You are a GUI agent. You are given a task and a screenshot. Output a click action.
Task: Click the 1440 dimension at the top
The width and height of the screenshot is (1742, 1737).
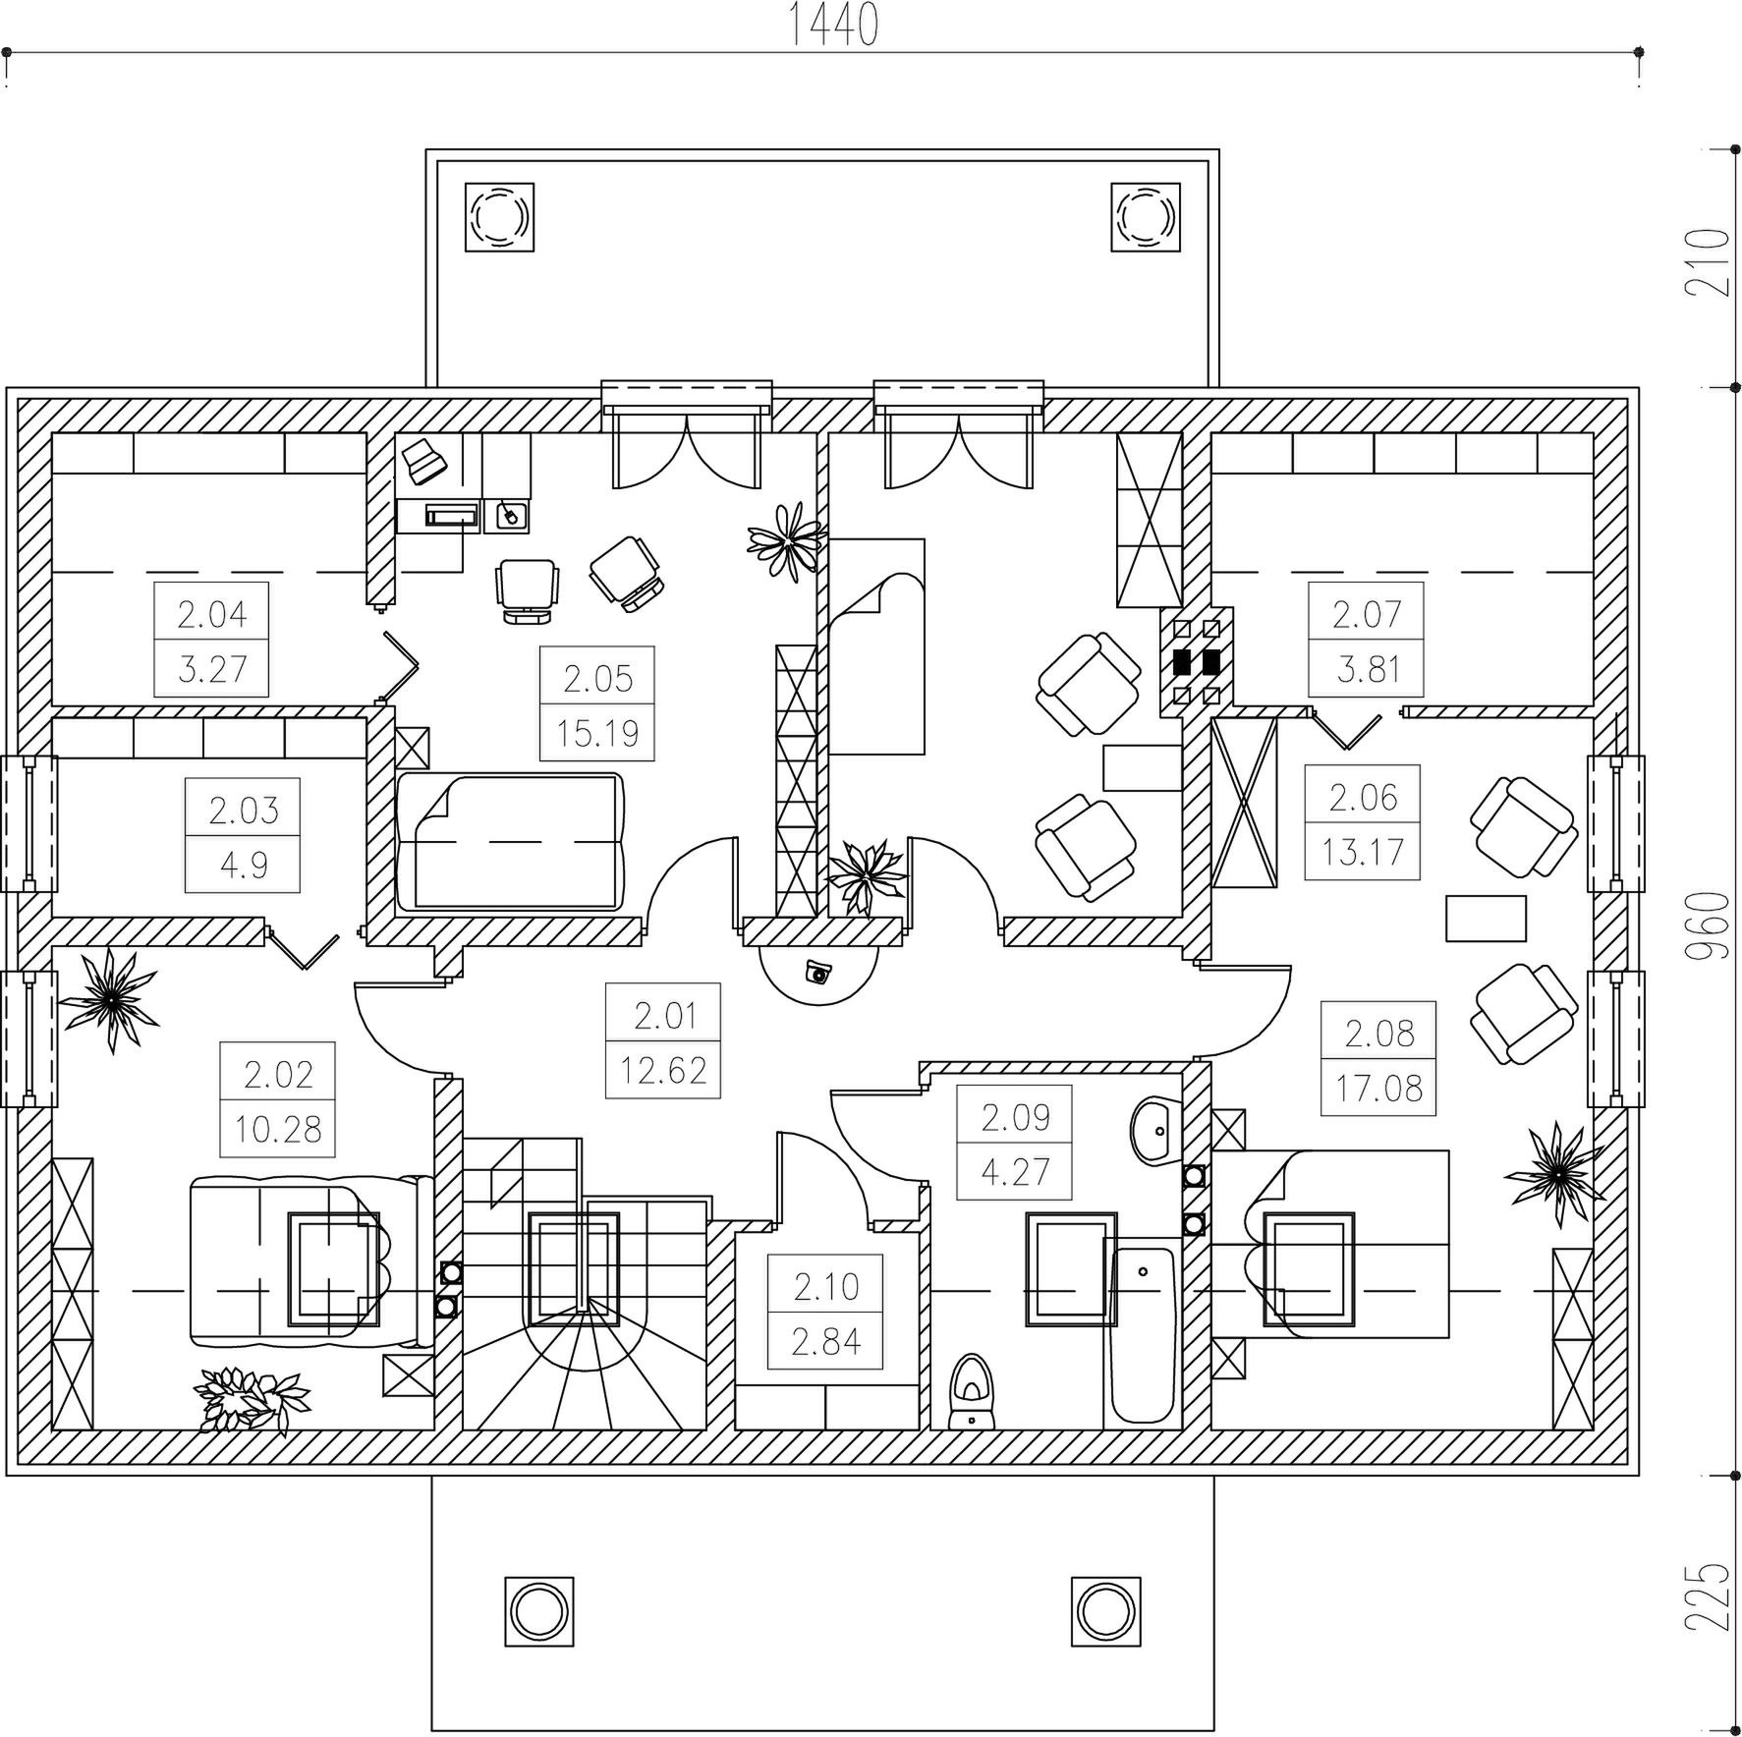click(833, 26)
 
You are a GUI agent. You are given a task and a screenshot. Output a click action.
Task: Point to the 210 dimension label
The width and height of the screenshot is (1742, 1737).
click(1708, 262)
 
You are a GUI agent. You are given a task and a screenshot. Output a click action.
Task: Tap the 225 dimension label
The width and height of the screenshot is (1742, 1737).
click(1708, 1597)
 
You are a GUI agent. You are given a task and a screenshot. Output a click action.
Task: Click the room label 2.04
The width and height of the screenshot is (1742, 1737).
click(211, 615)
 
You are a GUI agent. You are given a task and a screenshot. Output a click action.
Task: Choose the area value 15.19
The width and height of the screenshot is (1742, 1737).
click(597, 733)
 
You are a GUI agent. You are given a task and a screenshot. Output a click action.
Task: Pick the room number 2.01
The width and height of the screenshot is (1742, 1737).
click(664, 1015)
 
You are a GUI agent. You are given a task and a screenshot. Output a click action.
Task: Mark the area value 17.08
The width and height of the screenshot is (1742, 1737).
click(1378, 1089)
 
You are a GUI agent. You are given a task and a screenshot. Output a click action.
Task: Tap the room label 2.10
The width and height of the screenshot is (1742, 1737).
click(825, 1286)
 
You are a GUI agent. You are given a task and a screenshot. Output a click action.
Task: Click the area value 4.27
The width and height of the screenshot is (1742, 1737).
click(1015, 1171)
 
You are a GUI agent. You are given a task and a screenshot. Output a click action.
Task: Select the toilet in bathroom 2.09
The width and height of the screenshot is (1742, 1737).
click(972, 1391)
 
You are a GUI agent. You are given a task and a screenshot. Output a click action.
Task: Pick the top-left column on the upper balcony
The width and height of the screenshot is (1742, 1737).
click(499, 216)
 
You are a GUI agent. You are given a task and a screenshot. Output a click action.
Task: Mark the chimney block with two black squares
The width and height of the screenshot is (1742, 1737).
click(1197, 661)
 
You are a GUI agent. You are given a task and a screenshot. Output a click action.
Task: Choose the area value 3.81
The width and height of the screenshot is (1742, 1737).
click(1367, 670)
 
